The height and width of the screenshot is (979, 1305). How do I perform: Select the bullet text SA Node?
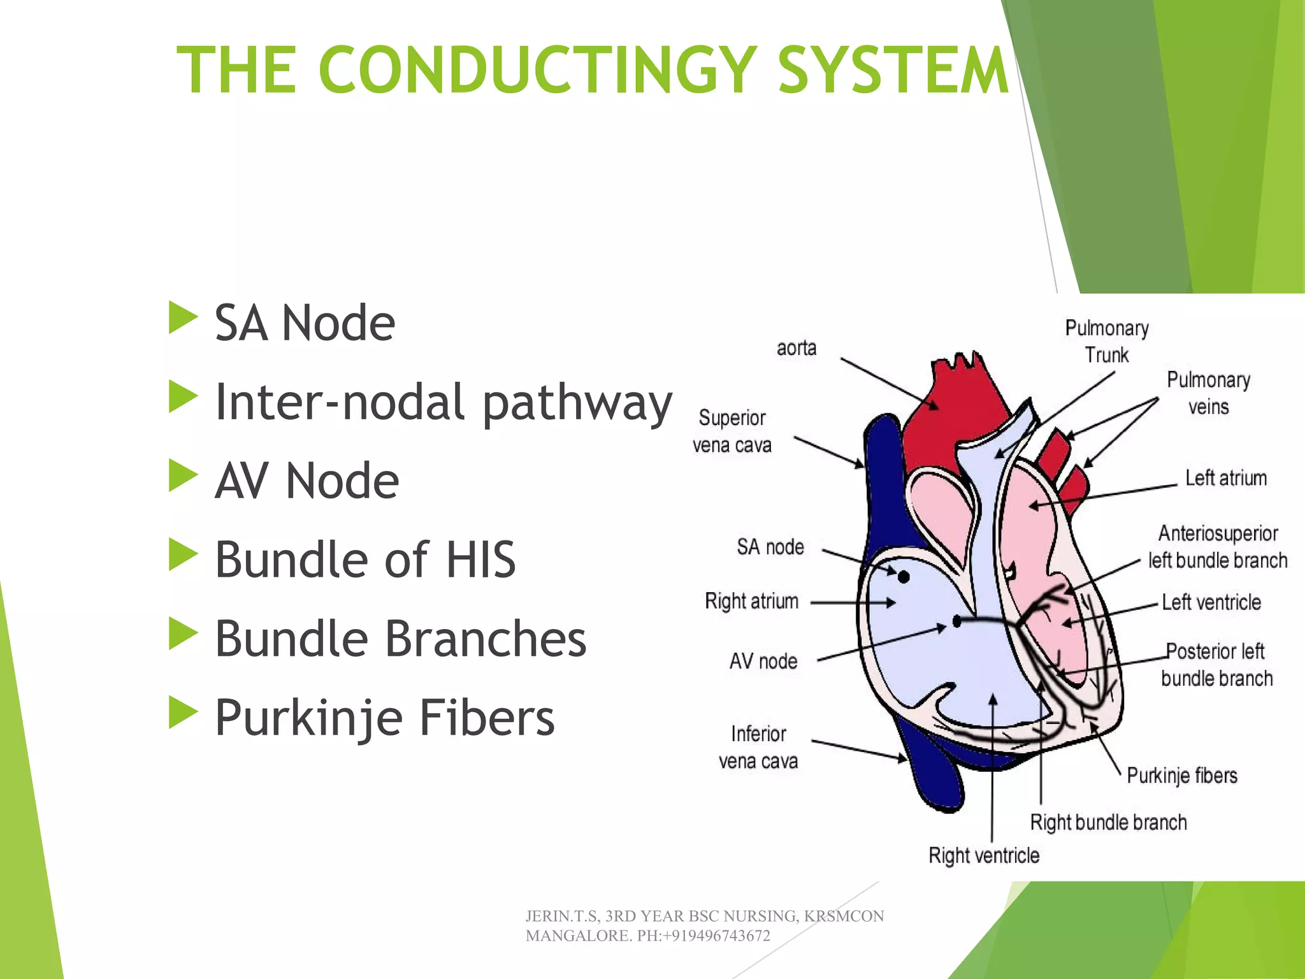tap(305, 323)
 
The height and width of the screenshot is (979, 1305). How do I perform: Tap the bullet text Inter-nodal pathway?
tap(443, 403)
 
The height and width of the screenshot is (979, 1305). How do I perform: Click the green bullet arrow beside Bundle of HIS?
tap(183, 555)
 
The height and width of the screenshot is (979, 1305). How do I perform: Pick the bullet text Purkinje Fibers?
tap(384, 718)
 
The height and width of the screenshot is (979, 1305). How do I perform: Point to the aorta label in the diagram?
tap(797, 348)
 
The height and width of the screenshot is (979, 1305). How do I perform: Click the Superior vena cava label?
tap(732, 431)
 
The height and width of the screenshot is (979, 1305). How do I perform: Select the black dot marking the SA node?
tap(904, 577)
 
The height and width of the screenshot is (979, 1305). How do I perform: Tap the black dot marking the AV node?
tap(956, 621)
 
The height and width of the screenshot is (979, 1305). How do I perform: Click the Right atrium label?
tap(751, 601)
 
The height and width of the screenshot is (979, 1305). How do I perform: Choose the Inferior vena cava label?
tap(758, 748)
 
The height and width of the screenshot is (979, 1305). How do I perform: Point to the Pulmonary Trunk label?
tap(1107, 342)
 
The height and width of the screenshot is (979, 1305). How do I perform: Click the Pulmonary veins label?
tap(1208, 393)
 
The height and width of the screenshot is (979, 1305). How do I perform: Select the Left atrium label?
tap(1226, 478)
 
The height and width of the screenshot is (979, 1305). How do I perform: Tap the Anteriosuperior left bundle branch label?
tap(1218, 547)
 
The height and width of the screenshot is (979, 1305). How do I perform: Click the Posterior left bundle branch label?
tap(1216, 665)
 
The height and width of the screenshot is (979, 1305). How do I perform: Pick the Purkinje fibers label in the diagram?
tap(1182, 776)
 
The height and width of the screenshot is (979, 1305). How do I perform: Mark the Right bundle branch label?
tap(1108, 822)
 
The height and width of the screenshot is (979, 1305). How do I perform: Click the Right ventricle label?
tap(984, 855)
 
